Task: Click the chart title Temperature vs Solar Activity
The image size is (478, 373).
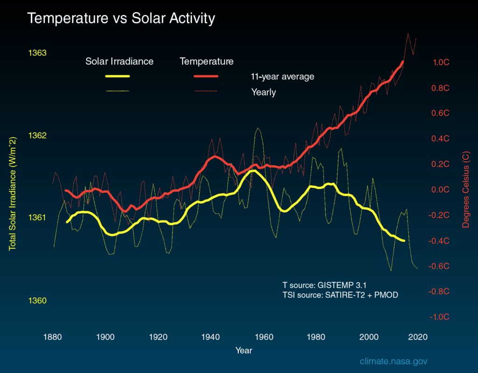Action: (x=121, y=19)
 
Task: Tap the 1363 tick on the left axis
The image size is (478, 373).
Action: (x=38, y=53)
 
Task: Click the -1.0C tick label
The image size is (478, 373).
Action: (x=439, y=317)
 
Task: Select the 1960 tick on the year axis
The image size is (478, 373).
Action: (x=264, y=337)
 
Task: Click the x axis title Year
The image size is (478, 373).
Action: (x=243, y=350)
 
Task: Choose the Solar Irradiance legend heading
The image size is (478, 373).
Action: (x=119, y=62)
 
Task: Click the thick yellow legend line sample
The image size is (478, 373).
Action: (x=118, y=76)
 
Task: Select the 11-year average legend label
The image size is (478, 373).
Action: (x=283, y=76)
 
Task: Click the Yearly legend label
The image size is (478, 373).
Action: (x=264, y=92)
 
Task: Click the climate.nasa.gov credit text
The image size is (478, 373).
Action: (x=394, y=361)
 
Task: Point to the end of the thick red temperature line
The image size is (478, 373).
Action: (x=402, y=62)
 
